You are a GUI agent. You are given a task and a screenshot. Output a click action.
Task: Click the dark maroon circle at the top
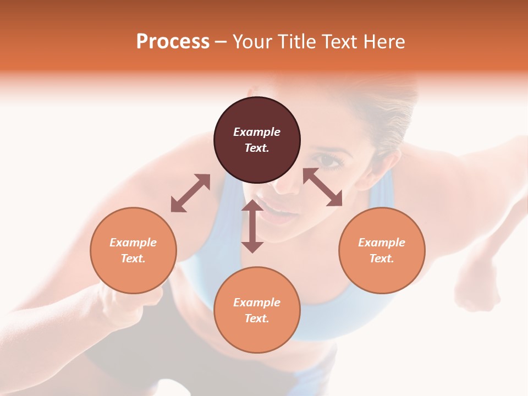257,140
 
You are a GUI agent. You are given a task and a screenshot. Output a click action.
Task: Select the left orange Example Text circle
133,250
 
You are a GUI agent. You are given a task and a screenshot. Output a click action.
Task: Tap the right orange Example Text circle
382,250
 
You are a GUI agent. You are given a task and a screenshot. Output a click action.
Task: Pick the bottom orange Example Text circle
257,310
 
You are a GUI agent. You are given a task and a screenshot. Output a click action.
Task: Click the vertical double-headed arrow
252,226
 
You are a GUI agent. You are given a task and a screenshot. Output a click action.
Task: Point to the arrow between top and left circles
190,193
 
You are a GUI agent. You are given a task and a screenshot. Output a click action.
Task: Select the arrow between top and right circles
323,187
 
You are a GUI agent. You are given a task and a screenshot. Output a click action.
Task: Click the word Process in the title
173,41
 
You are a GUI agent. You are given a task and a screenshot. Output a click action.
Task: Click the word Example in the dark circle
257,132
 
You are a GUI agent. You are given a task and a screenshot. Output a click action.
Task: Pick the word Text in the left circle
133,258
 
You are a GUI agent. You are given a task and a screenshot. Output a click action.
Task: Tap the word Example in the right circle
382,243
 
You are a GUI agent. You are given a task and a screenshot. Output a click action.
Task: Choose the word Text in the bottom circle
257,318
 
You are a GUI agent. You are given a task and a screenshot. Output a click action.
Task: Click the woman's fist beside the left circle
127,305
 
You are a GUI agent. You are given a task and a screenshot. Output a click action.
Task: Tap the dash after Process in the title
221,42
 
